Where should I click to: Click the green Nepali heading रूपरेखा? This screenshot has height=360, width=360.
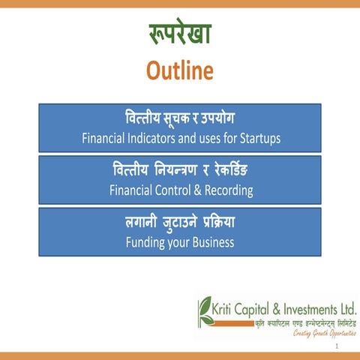(x=179, y=35)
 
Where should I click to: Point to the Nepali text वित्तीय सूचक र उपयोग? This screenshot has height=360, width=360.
(x=179, y=120)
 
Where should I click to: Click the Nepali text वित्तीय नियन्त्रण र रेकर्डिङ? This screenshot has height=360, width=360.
(x=179, y=172)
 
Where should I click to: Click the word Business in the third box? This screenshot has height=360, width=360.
(x=212, y=242)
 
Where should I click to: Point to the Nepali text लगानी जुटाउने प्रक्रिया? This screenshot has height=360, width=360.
(x=179, y=223)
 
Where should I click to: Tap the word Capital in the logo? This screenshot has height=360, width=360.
(x=259, y=307)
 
